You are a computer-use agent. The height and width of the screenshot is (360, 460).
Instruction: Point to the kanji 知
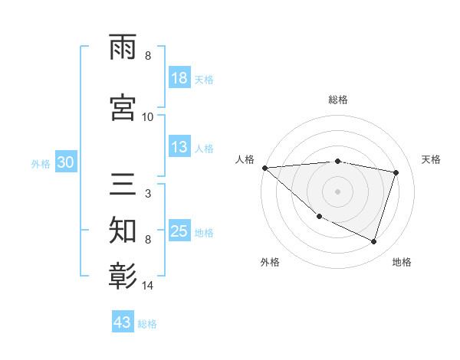tap(124, 229)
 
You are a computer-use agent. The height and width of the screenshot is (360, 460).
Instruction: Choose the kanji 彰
tap(124, 274)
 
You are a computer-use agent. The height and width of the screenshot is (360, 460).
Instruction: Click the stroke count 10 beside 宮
tap(148, 116)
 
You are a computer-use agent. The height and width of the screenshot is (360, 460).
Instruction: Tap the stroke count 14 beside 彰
tap(149, 286)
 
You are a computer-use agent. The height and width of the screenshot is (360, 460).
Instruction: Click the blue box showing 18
tap(179, 79)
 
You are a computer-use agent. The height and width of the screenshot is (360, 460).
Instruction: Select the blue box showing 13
tap(179, 148)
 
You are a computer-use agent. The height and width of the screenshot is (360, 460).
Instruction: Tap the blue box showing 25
tap(179, 231)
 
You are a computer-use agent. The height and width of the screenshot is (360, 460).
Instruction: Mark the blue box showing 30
tap(65, 162)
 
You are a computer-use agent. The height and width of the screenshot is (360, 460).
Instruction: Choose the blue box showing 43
tap(122, 322)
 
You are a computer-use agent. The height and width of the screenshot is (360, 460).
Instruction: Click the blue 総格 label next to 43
tap(147, 324)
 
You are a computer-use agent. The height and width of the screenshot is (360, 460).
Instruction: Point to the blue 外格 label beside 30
tap(41, 163)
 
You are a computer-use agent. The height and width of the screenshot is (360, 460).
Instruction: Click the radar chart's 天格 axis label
tap(432, 159)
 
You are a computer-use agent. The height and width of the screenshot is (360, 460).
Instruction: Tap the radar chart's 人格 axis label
tap(245, 159)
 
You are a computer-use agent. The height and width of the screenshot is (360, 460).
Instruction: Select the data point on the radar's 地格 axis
tap(373, 241)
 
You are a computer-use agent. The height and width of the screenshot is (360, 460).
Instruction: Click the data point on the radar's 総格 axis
tap(338, 161)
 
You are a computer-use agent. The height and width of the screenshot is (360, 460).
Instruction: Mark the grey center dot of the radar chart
tap(338, 191)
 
